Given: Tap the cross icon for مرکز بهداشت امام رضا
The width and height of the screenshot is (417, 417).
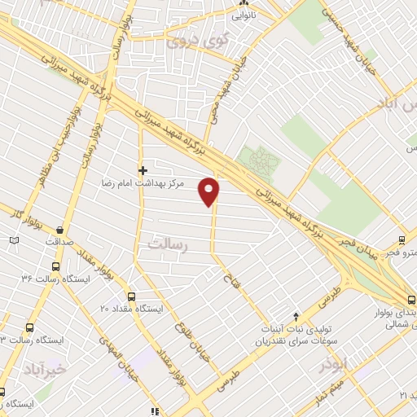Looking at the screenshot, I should coord(143,170).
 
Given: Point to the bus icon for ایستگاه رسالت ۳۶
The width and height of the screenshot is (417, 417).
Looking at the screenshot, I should coord(55,266).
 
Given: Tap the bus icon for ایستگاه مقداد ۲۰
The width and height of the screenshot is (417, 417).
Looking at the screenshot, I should coord(133,296).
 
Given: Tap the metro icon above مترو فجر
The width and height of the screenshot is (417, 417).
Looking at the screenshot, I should coord(402,240).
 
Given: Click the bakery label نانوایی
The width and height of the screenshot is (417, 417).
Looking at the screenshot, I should coord(245,14).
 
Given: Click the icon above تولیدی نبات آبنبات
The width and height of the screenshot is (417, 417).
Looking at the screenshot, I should coord(296,314).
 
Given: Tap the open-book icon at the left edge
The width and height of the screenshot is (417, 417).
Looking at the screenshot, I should coord(12,240).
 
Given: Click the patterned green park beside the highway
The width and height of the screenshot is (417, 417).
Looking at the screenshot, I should coord(259,160).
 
